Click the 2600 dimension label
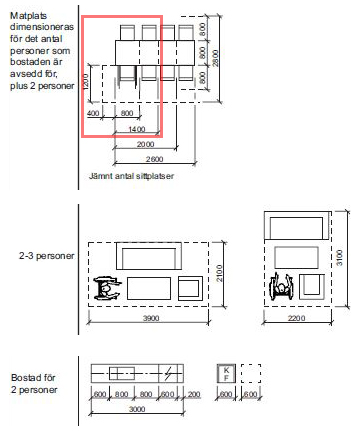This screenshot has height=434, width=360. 154,159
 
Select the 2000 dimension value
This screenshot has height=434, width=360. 145,144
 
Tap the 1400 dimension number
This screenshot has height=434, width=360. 137,129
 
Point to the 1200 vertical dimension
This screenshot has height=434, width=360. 85,82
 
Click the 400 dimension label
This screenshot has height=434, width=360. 93,113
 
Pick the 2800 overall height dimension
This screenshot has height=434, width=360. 216,58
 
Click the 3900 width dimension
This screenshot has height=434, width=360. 151,318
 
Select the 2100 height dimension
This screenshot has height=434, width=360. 219,273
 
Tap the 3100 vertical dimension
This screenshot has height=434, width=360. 339,258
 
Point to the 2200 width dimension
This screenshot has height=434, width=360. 296,318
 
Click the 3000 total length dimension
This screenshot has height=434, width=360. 137,409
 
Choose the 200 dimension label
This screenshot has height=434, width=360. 194,394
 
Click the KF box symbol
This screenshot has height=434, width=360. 226,374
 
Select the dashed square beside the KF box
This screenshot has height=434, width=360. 251,374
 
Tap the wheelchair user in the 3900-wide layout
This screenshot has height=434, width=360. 107,288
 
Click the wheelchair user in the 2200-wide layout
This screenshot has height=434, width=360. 282,286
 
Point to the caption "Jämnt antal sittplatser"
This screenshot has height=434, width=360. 131,176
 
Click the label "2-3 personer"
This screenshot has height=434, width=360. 47,256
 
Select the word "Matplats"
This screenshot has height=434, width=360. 28,16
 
